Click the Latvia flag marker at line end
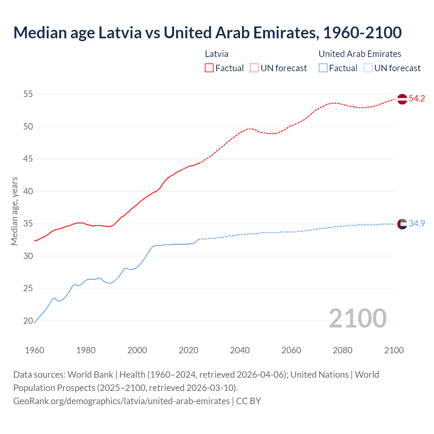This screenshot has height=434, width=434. (402, 99)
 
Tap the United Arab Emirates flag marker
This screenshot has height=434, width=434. (402, 224)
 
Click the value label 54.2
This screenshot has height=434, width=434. (417, 99)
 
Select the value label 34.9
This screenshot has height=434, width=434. (417, 224)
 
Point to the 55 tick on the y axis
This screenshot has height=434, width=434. (28, 94)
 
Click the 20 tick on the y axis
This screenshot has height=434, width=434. (28, 321)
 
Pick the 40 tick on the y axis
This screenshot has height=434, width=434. (28, 191)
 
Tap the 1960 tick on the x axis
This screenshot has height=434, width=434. (35, 350)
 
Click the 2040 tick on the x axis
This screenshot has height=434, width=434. (240, 350)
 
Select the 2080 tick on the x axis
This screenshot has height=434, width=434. (342, 350)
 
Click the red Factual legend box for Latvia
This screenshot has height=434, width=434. (209, 68)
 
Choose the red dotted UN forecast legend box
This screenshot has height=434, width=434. (254, 68)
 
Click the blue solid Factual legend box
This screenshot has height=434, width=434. (323, 68)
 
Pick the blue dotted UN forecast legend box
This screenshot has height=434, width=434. (368, 68)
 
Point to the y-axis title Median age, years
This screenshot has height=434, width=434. (14, 211)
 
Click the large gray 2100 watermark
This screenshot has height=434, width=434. (357, 318)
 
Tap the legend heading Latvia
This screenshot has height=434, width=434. (216, 54)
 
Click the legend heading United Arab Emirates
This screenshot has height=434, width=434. (360, 54)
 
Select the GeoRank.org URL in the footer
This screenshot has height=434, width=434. (121, 401)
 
